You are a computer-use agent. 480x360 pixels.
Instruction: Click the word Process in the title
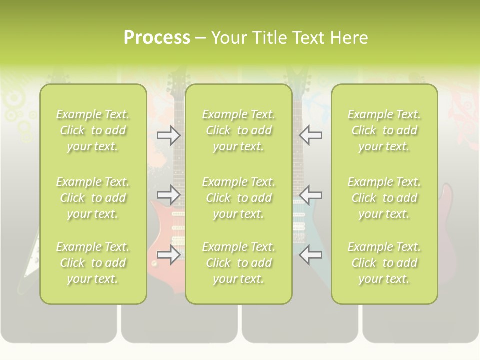157,37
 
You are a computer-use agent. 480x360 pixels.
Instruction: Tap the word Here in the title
349,37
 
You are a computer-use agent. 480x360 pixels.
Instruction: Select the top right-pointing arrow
168,135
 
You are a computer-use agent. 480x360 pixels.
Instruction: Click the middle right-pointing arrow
168,194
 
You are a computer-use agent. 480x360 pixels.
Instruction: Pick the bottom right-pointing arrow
168,255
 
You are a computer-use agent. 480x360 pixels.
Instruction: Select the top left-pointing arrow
311,135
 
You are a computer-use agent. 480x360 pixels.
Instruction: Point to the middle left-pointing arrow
311,194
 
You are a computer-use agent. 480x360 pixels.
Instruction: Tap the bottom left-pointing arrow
311,255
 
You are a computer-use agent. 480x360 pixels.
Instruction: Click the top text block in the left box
93,130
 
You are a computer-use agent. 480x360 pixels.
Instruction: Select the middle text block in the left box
93,198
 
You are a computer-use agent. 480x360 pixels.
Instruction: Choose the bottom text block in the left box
93,263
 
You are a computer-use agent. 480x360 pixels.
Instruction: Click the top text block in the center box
238,130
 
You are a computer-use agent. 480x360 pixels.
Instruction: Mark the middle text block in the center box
238,198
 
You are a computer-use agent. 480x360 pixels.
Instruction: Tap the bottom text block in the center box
238,263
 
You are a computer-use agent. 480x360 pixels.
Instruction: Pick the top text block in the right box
384,130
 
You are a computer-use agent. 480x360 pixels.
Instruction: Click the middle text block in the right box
384,198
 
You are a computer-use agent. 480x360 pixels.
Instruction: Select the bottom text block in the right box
384,263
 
